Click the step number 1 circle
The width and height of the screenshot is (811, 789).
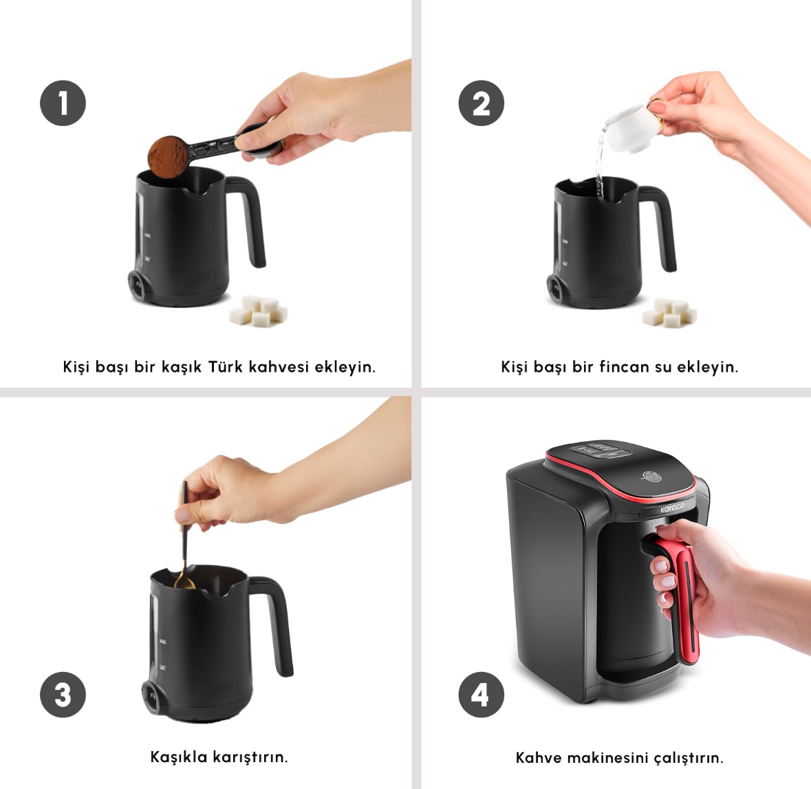point(63,103)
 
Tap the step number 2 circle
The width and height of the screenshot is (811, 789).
point(481,103)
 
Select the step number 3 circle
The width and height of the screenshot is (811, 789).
point(63,694)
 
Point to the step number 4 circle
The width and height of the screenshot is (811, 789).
point(481,694)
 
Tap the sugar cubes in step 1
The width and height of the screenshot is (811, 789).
point(259,311)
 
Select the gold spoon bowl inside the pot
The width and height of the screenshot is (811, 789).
point(184,582)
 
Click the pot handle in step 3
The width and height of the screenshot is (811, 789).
point(275,621)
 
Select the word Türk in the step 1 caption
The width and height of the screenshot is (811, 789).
point(225,366)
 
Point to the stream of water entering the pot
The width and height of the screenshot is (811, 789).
point(600,163)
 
